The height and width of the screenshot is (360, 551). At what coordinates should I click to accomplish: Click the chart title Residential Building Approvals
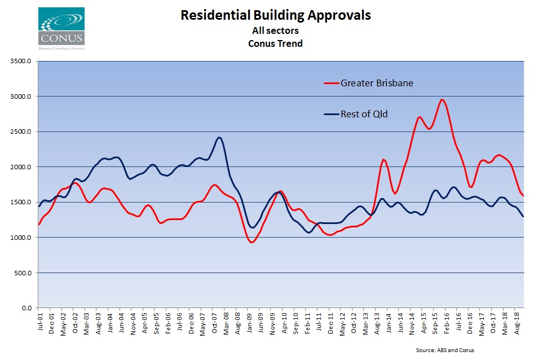pyautogui.click(x=275, y=15)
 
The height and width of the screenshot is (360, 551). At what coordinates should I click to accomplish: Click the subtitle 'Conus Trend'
pyautogui.click(x=275, y=43)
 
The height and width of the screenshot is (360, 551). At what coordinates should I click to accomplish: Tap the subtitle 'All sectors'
pyautogui.click(x=275, y=30)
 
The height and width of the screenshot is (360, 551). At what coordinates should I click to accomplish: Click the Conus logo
pyautogui.click(x=61, y=27)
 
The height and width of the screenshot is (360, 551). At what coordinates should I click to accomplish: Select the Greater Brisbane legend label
pyautogui.click(x=377, y=84)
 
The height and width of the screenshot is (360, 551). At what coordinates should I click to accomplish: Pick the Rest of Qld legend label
pyautogui.click(x=364, y=114)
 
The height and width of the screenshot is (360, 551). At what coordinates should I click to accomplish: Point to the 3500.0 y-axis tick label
pyautogui.click(x=21, y=61)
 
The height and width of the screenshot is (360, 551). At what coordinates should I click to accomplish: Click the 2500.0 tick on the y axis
pyautogui.click(x=21, y=131)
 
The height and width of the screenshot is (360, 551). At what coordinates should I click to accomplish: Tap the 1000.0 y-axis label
pyautogui.click(x=21, y=238)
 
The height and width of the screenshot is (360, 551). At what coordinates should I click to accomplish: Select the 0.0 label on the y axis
pyautogui.click(x=26, y=308)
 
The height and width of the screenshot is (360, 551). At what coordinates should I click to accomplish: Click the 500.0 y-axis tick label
pyautogui.click(x=23, y=273)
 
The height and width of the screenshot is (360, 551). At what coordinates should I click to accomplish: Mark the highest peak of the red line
pyautogui.click(x=442, y=100)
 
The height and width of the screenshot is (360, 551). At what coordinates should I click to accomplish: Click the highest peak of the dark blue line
pyautogui.click(x=219, y=137)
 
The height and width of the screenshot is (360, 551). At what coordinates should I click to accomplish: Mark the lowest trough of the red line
pyautogui.click(x=252, y=242)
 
